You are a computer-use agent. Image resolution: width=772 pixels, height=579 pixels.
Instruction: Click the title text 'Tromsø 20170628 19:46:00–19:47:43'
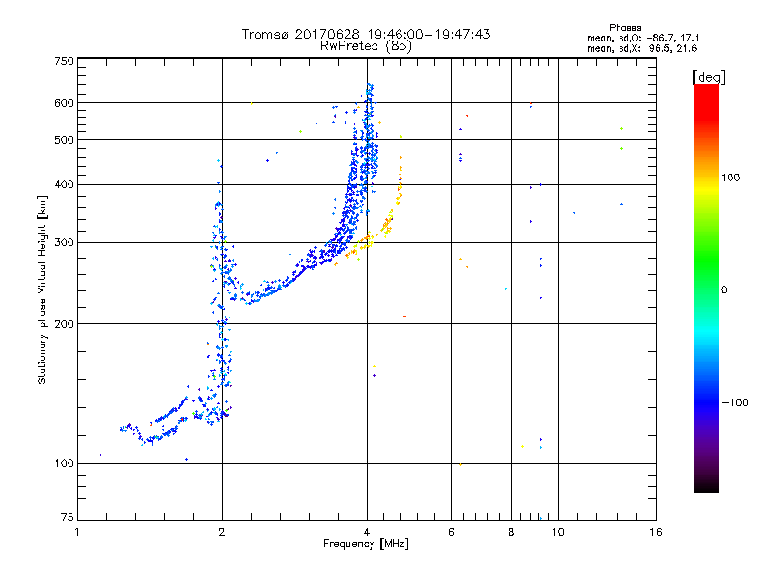[x=366, y=34]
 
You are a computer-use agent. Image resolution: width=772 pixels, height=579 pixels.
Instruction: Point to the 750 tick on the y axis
[x=65, y=60]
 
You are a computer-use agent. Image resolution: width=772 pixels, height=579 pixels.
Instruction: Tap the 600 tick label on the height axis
[x=65, y=103]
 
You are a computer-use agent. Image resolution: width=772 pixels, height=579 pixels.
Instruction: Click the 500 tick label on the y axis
[x=65, y=140]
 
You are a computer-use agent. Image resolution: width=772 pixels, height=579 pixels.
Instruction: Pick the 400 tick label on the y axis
[x=65, y=184]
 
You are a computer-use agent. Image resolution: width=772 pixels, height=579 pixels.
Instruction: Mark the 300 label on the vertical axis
[x=65, y=242]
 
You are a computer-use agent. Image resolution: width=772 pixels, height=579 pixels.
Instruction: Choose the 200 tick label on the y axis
[x=65, y=324]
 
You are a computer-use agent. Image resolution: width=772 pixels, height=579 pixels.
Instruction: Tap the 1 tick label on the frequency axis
[x=78, y=532]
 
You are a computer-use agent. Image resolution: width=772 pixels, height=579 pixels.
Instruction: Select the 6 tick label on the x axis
[x=451, y=532]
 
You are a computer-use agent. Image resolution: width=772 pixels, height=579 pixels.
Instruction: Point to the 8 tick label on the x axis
[x=511, y=532]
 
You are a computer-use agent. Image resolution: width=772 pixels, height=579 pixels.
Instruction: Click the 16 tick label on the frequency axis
[x=655, y=532]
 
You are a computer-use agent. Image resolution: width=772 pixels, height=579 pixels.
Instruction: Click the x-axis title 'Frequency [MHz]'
[x=366, y=545]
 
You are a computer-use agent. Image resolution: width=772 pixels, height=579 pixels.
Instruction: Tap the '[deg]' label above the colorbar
[x=708, y=76]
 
